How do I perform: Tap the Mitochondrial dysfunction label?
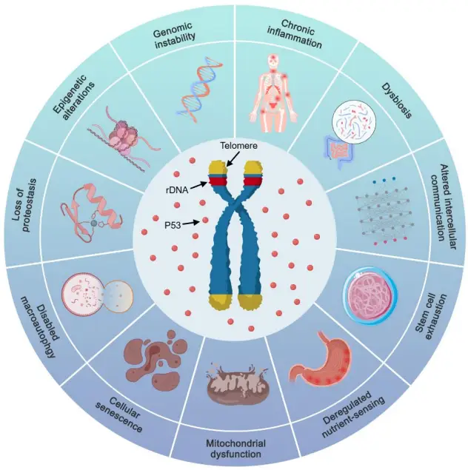[235, 448]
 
